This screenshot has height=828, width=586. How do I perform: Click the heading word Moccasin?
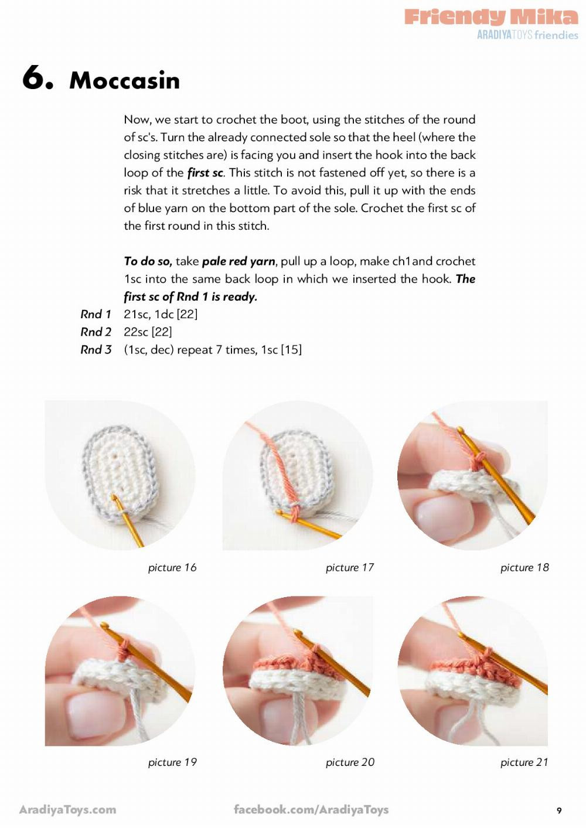point(124,81)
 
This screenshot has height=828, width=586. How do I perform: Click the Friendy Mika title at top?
point(491,16)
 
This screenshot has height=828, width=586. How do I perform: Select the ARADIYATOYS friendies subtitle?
point(527,35)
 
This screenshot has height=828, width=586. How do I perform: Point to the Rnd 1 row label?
point(96,314)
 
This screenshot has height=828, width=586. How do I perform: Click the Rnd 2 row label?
point(96,332)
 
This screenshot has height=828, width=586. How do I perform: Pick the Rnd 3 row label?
point(96,350)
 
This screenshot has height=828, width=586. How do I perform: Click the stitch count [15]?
point(291,350)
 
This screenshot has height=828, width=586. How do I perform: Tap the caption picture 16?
point(172,567)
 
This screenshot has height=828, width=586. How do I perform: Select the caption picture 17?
point(349,567)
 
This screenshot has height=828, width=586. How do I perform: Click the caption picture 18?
point(524,567)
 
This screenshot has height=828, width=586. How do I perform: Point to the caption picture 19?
point(172,762)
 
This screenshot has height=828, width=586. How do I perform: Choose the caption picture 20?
point(349,762)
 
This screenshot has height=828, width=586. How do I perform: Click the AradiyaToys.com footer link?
point(68,810)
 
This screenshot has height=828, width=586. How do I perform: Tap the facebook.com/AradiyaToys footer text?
point(311,810)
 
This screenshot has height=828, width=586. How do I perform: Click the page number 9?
point(559,810)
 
